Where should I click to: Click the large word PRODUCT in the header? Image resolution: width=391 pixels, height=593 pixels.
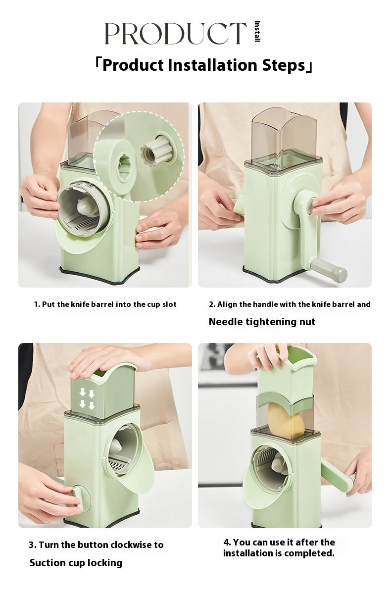coord(176,33)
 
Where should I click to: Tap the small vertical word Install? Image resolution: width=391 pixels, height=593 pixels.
coord(257,31)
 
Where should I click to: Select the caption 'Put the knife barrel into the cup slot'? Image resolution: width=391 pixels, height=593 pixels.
coord(109,304)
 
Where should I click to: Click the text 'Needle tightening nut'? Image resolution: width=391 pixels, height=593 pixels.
coord(262,322)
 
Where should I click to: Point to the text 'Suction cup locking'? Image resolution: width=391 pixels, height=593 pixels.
coord(76,563)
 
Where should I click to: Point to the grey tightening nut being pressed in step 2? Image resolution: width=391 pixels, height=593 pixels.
coord(309,206)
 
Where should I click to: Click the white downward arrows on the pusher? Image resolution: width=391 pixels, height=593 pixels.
coord(87,399)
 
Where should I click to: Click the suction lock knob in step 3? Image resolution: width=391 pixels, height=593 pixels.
coord(81,499)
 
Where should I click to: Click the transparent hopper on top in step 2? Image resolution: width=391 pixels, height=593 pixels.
coord(284,136)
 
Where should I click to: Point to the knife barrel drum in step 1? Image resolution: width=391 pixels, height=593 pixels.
coord(84,209)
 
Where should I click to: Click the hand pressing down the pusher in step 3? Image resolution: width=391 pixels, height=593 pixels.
coord(110,359)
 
